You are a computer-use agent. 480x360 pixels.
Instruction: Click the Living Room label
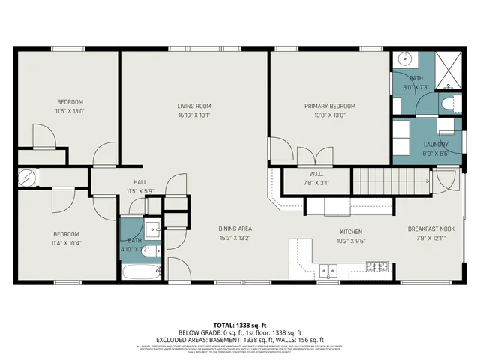[x=194, y=106]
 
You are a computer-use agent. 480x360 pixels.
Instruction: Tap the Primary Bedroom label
[x=329, y=106]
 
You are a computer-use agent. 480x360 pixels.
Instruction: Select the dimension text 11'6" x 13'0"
[x=70, y=111]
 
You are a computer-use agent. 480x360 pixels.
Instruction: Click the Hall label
[x=140, y=182]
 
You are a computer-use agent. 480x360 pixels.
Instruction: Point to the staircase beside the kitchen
[x=390, y=180]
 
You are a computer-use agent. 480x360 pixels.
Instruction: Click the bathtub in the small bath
[x=139, y=272]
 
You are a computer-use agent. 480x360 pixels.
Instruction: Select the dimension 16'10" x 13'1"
[x=194, y=115]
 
